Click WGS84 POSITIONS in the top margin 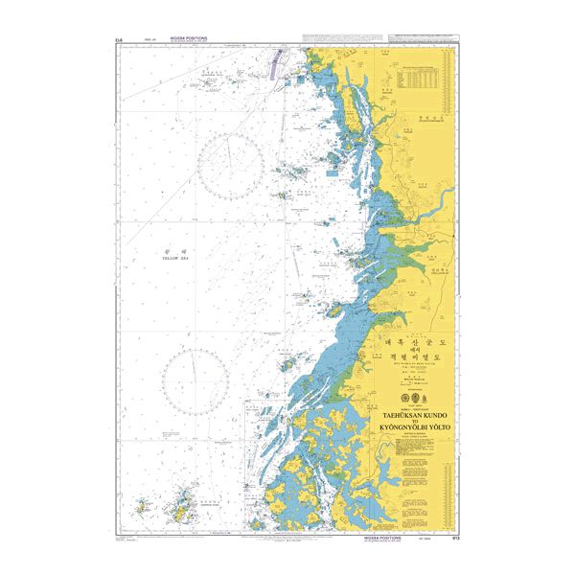coord(190,38)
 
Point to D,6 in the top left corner coord(118,39)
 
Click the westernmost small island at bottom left coord(141,502)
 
